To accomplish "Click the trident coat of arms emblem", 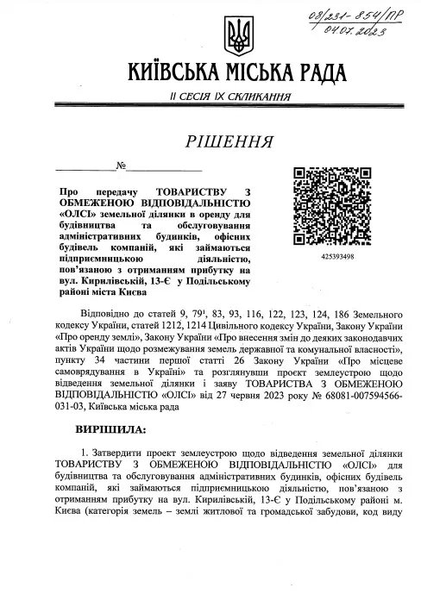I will [234, 35].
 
